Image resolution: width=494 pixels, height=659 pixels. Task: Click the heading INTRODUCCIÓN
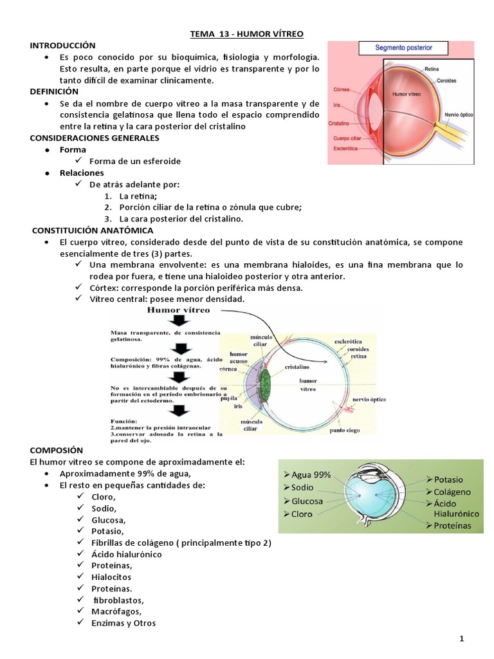tap(62, 45)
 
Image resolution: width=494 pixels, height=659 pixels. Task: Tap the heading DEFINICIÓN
tap(54, 92)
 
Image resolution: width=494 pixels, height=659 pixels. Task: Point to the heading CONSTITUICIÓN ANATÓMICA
tap(93, 230)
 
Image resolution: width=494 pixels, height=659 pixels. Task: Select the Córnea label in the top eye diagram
tap(342, 90)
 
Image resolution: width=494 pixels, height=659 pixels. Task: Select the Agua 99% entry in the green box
tap(311, 474)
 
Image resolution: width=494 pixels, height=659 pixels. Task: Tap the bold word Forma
tap(73, 149)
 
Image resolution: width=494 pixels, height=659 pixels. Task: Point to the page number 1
tap(462, 638)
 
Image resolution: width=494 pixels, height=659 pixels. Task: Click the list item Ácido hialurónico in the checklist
tap(126, 553)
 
